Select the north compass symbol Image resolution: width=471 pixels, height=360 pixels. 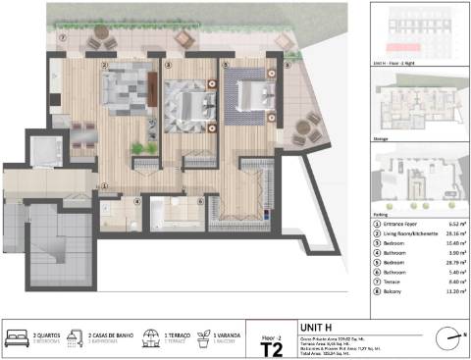click(451, 338)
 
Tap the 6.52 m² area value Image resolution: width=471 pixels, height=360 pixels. click(454, 224)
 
